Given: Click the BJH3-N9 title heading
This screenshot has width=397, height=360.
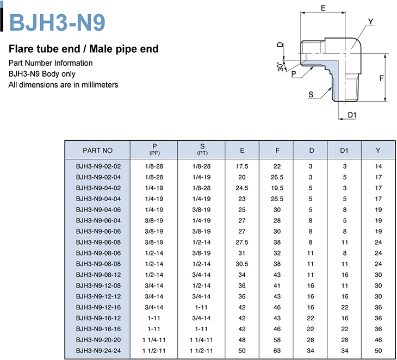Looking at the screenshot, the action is pos(57,22).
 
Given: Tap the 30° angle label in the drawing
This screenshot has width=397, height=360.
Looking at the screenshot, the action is pos(280,66).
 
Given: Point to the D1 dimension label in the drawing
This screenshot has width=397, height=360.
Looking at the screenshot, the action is pos(352,115).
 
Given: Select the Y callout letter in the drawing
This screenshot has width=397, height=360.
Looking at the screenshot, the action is pos(371,22).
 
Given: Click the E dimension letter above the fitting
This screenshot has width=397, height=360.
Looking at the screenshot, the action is pos(323,8).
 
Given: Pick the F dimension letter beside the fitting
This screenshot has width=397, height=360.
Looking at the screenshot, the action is pos(382,78).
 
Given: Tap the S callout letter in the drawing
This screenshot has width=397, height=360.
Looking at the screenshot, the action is pos(311,95).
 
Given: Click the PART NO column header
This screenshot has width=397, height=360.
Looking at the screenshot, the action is pos(97,151).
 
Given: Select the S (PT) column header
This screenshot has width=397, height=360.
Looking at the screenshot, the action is pos(202,150).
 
